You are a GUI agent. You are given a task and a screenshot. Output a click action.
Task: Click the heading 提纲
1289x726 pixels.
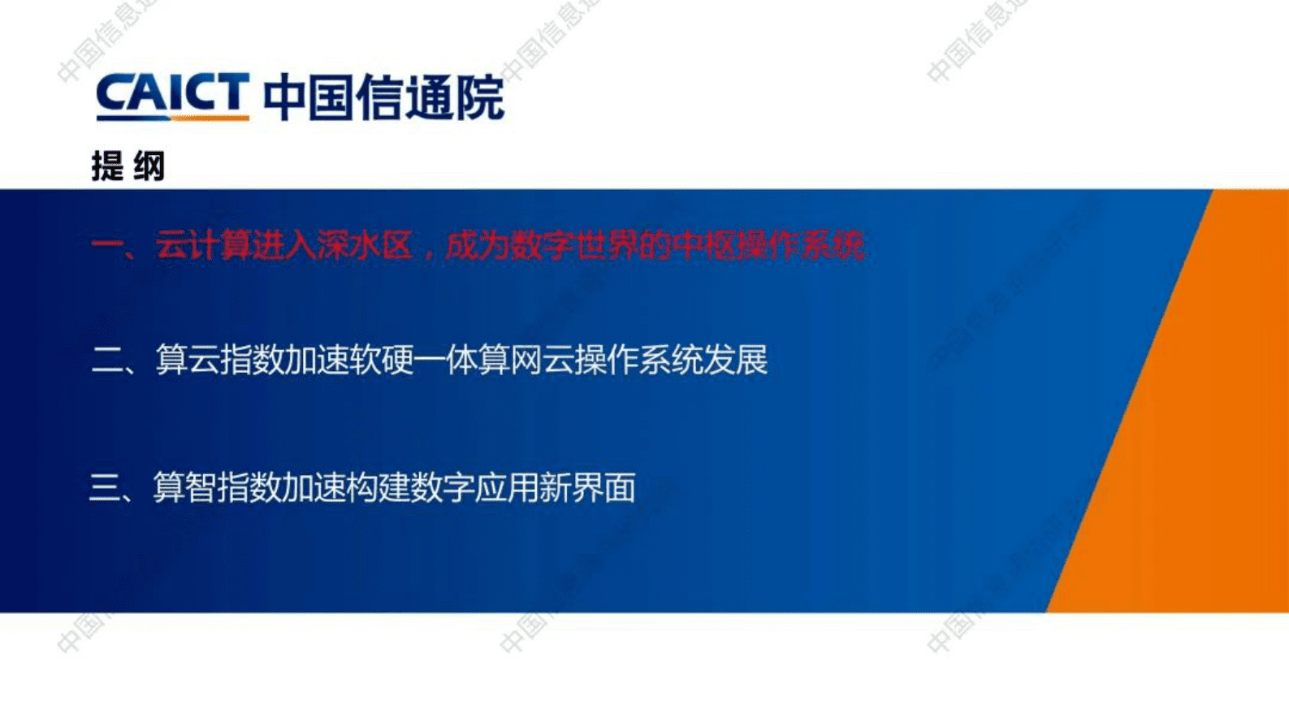coord(128,166)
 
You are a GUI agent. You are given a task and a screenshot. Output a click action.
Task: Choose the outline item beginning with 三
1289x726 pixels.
coord(362,487)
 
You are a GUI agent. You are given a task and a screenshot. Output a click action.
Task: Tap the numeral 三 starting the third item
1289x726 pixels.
coord(105,488)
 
